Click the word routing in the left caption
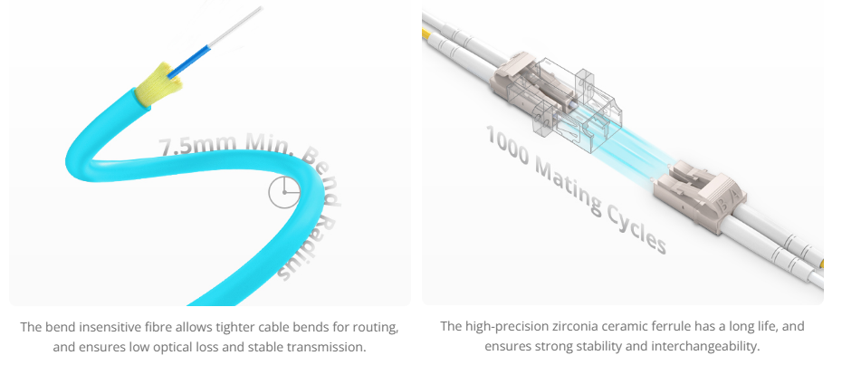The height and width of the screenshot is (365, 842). click(374, 326)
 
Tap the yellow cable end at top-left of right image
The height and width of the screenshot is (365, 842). click(426, 34)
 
